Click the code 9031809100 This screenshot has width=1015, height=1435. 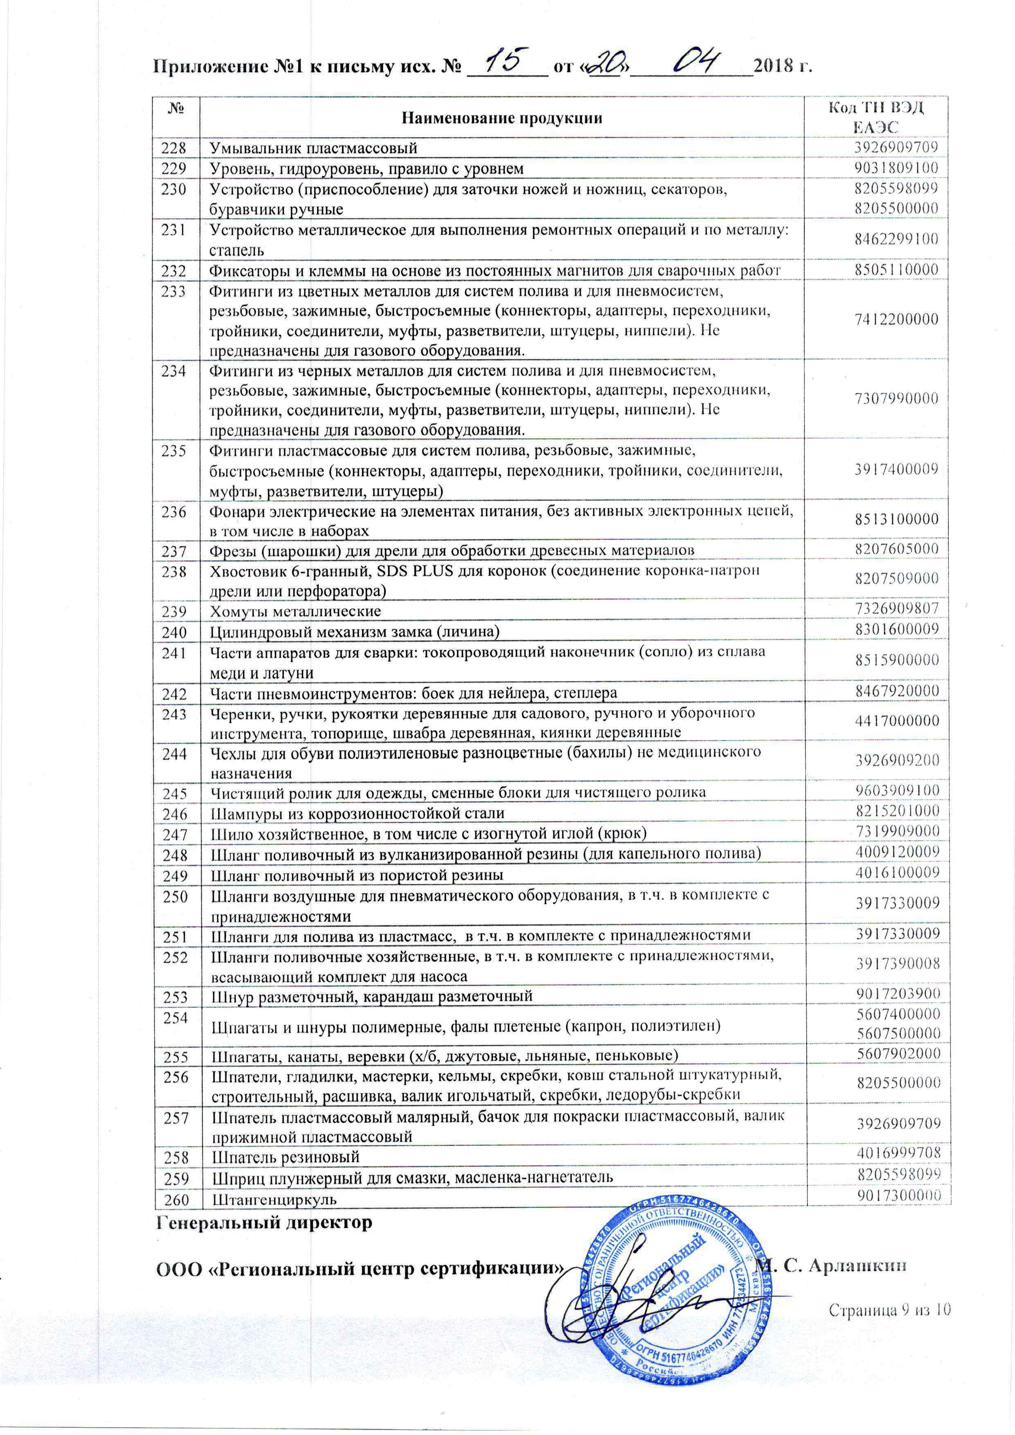coord(897,168)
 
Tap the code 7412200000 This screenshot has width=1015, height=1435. coord(897,320)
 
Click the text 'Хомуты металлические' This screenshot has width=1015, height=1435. coord(296,610)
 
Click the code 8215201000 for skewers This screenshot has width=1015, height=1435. coord(897,812)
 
